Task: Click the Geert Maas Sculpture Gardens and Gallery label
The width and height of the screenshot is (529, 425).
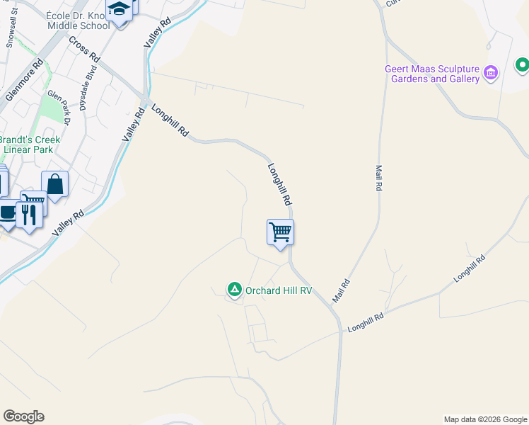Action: click(431, 74)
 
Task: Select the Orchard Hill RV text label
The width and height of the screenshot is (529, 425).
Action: click(279, 290)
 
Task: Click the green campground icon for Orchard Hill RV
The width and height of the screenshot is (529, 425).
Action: click(234, 289)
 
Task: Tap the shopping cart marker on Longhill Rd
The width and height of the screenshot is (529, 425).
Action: click(280, 232)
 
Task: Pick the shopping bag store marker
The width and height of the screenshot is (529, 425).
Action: click(54, 185)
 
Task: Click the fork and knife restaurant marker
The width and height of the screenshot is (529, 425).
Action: click(29, 214)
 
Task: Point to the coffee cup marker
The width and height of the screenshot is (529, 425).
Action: click(7, 213)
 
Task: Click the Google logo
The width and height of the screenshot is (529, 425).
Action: click(23, 416)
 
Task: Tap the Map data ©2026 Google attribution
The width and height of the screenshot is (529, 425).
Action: click(485, 419)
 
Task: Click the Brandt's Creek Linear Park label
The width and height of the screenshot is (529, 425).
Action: click(30, 144)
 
